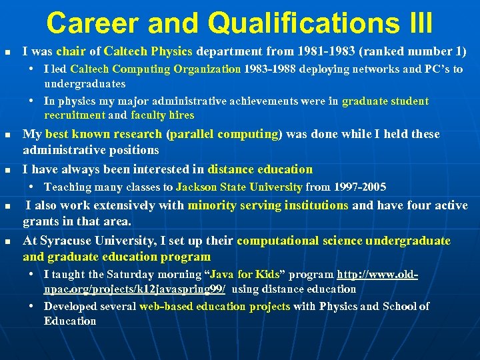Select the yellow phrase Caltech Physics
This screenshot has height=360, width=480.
point(148,51)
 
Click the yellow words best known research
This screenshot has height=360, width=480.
point(104,134)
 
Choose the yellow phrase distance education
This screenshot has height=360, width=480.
point(260,169)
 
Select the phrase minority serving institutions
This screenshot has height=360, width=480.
point(268,205)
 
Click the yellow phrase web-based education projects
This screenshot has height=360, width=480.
point(214,306)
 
